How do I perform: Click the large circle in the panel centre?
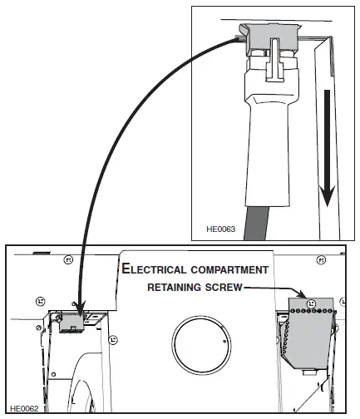click(199, 343)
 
